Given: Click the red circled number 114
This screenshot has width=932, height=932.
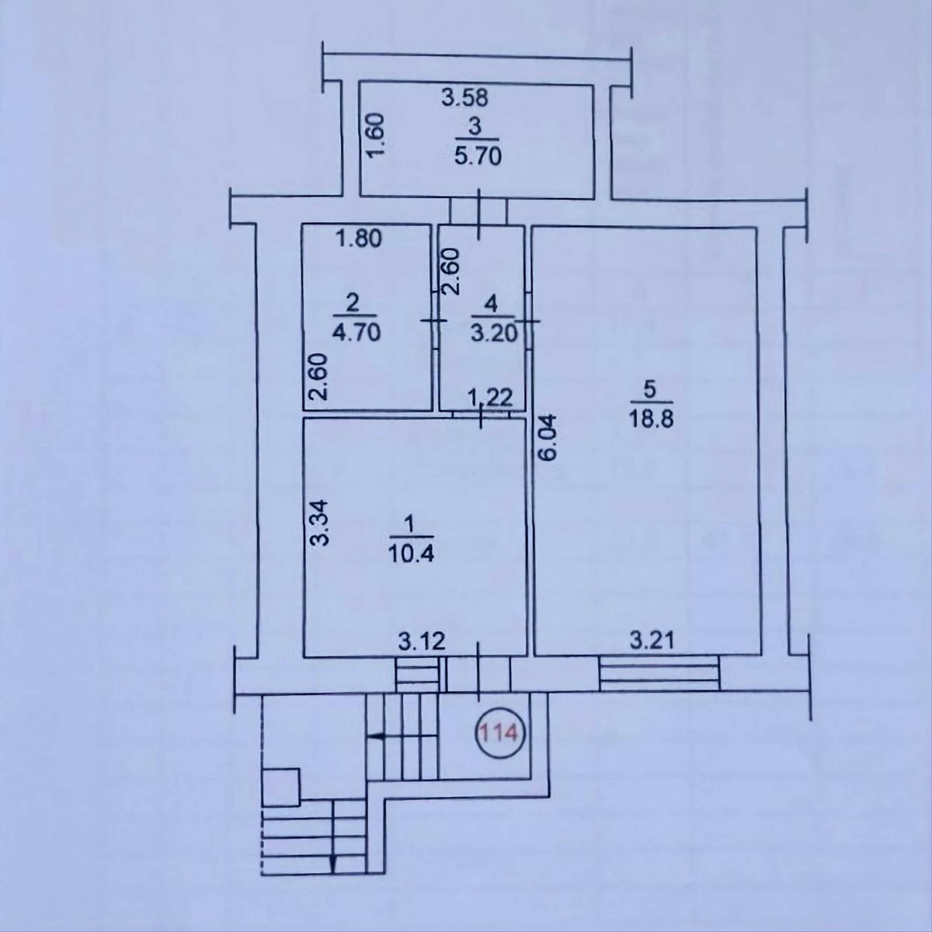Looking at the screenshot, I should tap(502, 732).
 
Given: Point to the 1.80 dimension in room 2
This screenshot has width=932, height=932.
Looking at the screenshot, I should tap(358, 239).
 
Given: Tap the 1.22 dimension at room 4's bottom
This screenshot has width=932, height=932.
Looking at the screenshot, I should tap(489, 398).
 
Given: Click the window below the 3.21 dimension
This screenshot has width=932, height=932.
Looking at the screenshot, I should tap(659, 673).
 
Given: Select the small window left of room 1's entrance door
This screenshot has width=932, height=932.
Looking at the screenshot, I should tap(417, 673).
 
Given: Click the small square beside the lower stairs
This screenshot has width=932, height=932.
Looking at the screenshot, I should tap(281, 786).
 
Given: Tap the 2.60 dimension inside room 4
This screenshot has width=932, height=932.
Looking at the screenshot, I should tap(452, 271).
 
